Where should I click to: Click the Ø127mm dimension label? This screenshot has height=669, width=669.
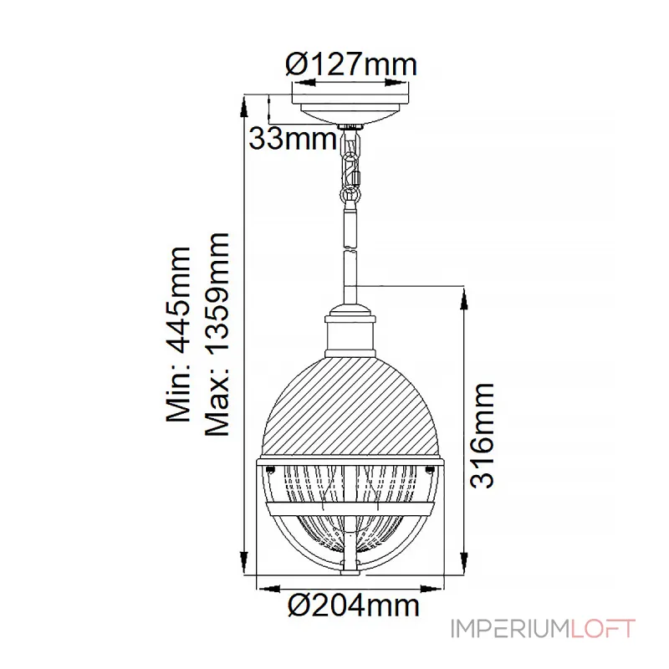click(350, 64)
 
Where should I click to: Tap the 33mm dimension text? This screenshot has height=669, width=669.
click(293, 139)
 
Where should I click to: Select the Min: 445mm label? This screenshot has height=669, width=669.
click(178, 334)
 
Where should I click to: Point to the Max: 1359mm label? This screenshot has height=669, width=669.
click(217, 334)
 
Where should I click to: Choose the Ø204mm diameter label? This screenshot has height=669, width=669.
click(353, 605)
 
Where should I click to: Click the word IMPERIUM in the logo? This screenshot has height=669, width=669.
click(510, 629)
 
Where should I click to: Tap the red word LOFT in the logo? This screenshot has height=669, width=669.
click(603, 629)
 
